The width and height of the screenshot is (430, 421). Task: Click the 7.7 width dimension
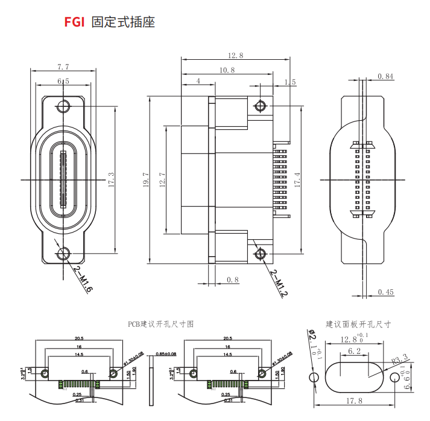(63, 66)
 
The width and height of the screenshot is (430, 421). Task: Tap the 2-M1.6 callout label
(82, 279)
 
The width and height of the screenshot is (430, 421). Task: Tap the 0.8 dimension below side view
(233, 279)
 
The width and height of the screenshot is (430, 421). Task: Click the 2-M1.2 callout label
(279, 283)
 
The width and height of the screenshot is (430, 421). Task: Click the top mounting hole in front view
(63, 108)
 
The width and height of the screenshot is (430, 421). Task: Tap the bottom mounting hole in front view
(63, 254)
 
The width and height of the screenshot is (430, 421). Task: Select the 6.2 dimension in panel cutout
(355, 351)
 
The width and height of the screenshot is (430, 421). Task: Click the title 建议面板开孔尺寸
(358, 324)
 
